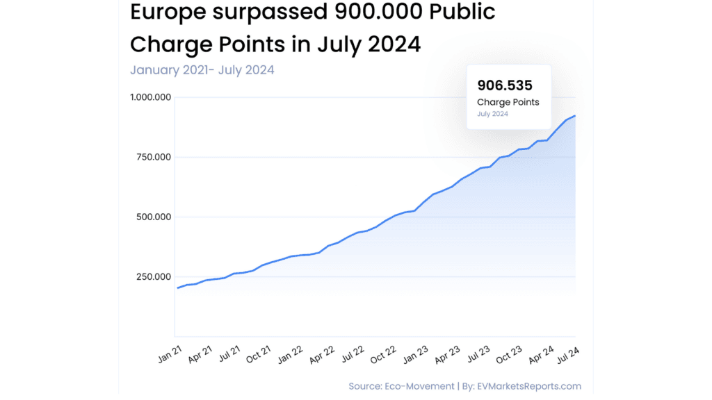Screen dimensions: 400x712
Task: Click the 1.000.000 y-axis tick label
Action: pos(150,97)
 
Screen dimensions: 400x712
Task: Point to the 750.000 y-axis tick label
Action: pos(153,157)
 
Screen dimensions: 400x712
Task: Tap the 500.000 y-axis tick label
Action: pos(153,217)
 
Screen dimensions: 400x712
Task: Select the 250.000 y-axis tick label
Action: pos(153,276)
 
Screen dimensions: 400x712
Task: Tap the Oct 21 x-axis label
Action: pos(257,355)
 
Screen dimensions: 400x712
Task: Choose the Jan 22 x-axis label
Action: pos(289,355)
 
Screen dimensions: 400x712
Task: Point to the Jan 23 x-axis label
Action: pos(416,355)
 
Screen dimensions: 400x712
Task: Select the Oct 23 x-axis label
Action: pos(508,355)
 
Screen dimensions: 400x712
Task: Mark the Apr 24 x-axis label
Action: pos(540,355)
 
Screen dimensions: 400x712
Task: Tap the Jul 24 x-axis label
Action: pos(569,354)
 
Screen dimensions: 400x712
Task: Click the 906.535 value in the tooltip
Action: pos(505,85)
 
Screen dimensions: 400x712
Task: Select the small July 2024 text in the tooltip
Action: pos(492,114)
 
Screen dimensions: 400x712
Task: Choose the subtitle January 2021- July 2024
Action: pos(202,69)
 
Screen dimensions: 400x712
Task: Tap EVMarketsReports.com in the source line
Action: pos(529,386)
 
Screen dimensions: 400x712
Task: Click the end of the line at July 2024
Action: pos(575,116)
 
